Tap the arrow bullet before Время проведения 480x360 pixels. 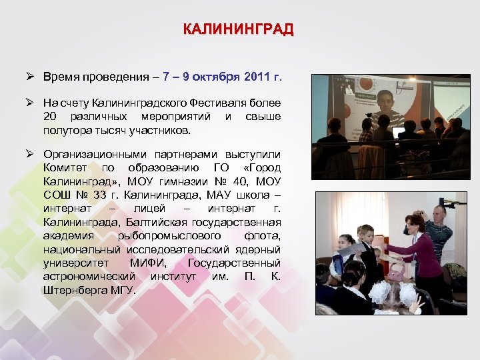click(31, 77)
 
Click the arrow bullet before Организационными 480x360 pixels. click(31, 155)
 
